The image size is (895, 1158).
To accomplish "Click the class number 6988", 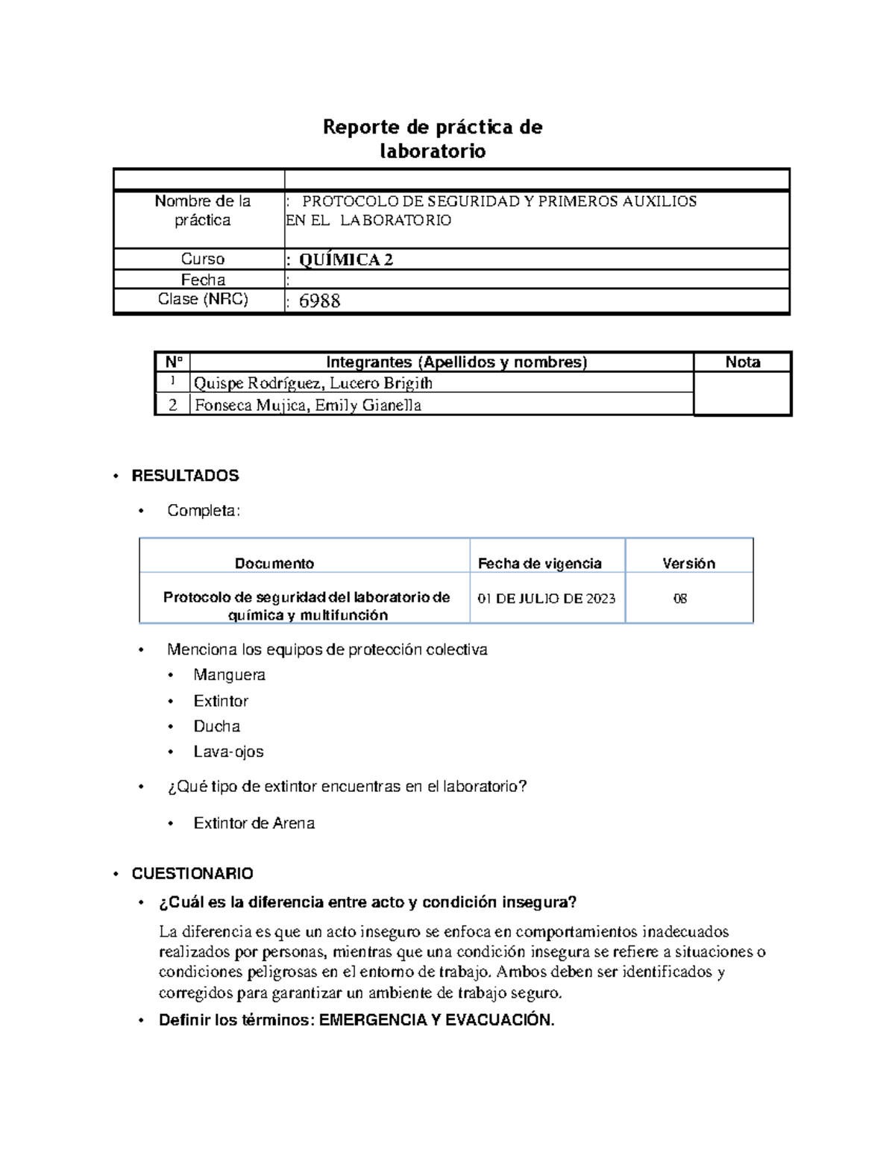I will [319, 301].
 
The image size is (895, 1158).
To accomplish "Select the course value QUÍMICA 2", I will [346, 259].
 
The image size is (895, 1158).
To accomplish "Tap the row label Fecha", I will [203, 280].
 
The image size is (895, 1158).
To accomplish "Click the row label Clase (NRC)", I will [203, 299].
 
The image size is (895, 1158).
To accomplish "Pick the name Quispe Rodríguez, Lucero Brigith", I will [313, 383].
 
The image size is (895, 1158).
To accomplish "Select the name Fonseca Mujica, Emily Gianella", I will [307, 406].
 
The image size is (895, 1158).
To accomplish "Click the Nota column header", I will [742, 362].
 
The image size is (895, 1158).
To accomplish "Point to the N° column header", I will [173, 362].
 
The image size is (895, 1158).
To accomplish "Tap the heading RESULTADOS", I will [185, 476].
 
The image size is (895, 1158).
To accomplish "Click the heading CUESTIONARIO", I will [192, 873].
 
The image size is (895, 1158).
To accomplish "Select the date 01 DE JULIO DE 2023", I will [547, 599].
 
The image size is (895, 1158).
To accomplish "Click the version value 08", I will [679, 599].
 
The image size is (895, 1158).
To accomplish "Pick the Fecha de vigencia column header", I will [539, 564].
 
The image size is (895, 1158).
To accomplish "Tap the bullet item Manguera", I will [229, 675].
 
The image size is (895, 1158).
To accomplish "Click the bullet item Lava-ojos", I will [228, 752].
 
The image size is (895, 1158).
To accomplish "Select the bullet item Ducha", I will [216, 726].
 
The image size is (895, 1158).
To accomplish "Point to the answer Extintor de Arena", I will [254, 823].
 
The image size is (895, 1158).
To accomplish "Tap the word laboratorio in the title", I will [433, 151].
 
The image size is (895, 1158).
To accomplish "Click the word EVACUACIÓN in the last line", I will [499, 1020].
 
